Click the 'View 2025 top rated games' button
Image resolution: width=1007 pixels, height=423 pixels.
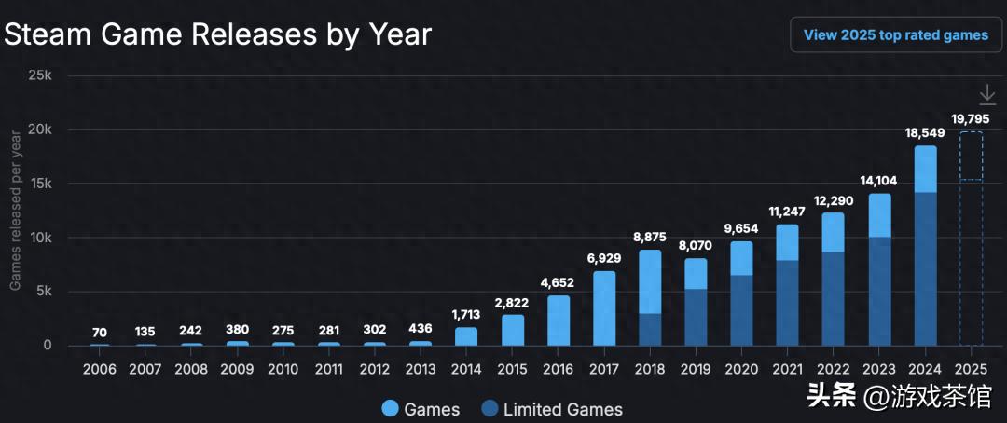[x=895, y=35]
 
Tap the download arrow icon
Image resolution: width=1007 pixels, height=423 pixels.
[x=987, y=94]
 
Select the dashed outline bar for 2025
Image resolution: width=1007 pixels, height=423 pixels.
[x=971, y=238]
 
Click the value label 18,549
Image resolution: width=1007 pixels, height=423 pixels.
[x=925, y=133]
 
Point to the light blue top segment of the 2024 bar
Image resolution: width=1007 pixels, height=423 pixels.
[x=925, y=169]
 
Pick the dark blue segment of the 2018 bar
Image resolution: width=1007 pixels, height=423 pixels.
[x=650, y=329]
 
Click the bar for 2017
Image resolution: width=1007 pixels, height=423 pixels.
[x=604, y=307]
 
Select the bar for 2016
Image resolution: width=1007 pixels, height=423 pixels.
[x=559, y=321]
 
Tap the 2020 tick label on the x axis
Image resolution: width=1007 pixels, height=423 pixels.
[x=741, y=368]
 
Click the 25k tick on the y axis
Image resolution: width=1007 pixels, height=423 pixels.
[x=39, y=75]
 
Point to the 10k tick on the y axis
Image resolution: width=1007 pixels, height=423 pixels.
[x=39, y=238]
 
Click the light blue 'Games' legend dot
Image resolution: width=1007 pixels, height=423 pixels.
[x=391, y=408]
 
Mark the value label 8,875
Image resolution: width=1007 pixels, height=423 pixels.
[x=650, y=238]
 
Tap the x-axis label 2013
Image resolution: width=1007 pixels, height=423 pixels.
[x=421, y=368]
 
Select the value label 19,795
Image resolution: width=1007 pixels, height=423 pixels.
[x=971, y=118]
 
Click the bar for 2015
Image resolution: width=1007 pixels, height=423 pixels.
[x=512, y=330]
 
